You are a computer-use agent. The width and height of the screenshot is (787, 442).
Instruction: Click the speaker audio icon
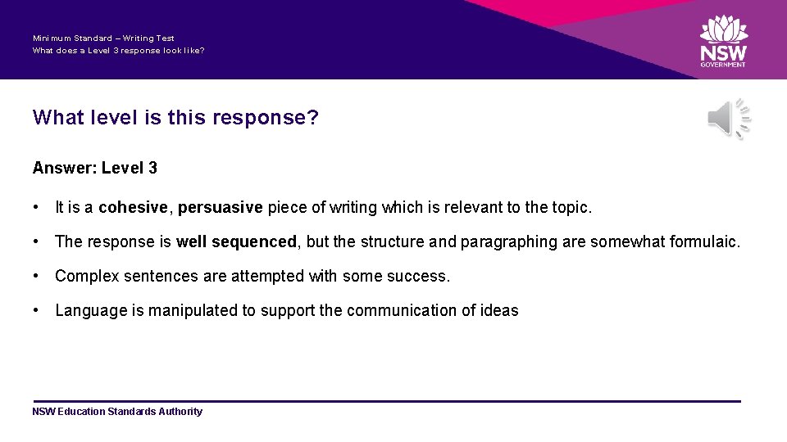728,120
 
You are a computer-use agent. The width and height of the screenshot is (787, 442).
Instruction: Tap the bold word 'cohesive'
135,207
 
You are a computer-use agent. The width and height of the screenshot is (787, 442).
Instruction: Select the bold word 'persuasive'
220,207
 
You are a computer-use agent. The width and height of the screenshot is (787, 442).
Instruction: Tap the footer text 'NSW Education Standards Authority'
117,412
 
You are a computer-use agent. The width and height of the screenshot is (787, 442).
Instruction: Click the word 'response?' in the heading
266,118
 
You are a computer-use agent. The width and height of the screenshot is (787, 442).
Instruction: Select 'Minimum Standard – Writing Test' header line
103,38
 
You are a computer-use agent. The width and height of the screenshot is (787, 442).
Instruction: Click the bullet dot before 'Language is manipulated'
37,311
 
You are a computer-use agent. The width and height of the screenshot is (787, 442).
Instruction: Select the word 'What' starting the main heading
58,118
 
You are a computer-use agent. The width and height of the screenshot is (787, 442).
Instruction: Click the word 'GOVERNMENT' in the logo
723,65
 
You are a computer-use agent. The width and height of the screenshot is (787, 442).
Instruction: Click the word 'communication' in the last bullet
393,311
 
